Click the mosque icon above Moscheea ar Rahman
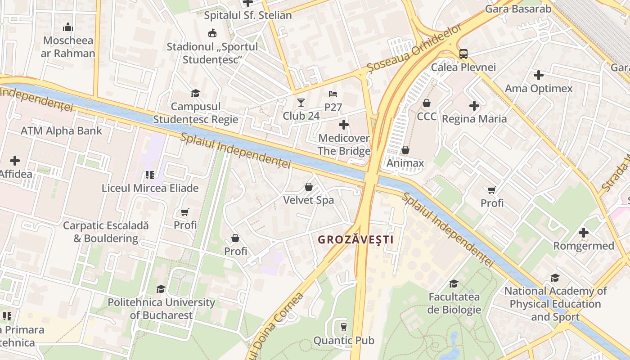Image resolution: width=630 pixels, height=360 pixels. [68, 27]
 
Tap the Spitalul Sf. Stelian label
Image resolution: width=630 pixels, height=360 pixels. [247, 15]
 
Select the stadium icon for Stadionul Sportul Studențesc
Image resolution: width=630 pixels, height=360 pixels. [212, 33]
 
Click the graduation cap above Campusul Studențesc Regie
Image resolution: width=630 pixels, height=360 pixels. [195, 93]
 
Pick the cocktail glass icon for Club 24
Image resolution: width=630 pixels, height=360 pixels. [301, 103]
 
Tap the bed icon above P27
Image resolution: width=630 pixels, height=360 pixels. [333, 94]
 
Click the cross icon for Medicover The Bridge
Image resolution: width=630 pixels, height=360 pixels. [344, 124]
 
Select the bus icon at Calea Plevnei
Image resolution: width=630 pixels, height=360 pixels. [463, 54]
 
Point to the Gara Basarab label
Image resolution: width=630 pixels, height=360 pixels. [518, 9]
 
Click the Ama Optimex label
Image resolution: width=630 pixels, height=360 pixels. [539, 88]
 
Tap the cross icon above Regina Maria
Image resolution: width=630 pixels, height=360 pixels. [474, 106]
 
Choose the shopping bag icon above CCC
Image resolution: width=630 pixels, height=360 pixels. [427, 103]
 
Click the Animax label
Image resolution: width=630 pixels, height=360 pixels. [405, 163]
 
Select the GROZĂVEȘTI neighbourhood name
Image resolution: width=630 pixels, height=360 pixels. [355, 239]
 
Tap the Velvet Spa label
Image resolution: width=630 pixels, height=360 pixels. [308, 200]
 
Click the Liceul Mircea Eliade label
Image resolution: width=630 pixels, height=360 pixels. [150, 188]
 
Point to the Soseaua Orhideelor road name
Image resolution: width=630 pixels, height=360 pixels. [414, 48]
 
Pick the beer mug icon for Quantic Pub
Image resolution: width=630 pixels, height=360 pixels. [344, 327]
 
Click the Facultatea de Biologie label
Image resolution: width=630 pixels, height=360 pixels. [454, 303]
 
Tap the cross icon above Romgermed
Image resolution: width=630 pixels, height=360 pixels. [584, 233]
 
